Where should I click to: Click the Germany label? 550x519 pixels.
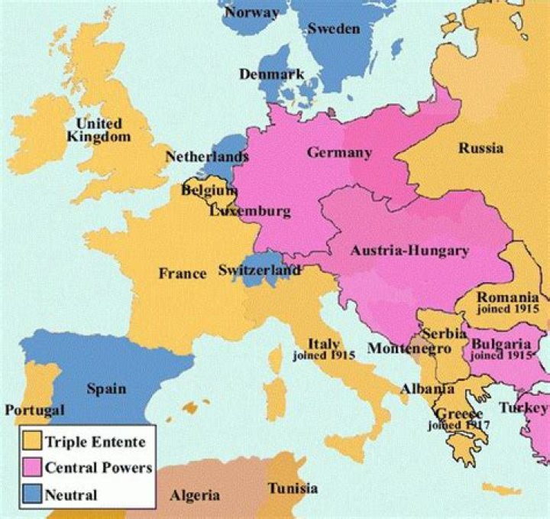pos(339,152)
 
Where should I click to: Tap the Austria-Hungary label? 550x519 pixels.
pos(409,251)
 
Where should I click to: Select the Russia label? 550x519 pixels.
pos(480,148)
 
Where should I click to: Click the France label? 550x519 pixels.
pos(182,273)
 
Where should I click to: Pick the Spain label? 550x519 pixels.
pos(106,388)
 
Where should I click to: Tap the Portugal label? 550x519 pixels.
pos(34,410)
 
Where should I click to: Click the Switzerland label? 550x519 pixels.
pos(259,270)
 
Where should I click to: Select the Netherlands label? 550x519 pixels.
pos(207,157)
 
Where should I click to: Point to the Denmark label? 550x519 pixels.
pos(271,74)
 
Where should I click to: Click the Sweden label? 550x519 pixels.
pos(333,28)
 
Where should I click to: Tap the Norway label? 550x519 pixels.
pos(251,12)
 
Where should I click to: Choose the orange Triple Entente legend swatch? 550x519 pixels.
pos(31,441)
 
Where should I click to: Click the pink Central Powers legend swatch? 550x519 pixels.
pos(31,467)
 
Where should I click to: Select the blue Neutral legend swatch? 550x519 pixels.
pos(31,494)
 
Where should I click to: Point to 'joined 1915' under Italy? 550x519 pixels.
pos(323,355)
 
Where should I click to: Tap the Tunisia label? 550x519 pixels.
pos(293,488)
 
